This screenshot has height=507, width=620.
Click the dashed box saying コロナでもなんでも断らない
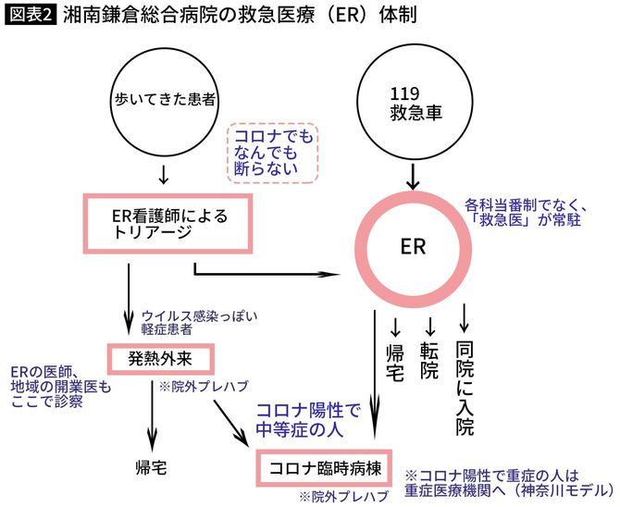pyautogui.click(x=274, y=151)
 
